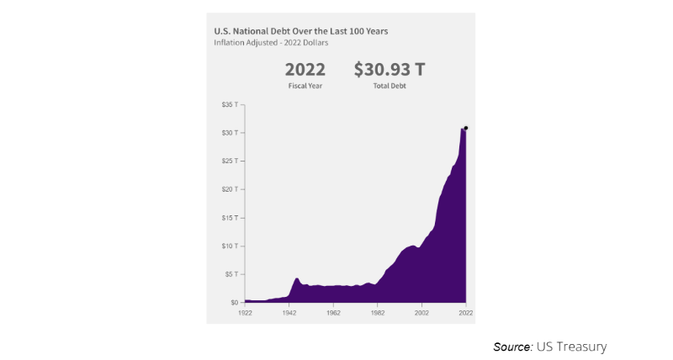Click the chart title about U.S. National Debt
point(300,31)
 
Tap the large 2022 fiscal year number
point(305,69)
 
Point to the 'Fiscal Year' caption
point(305,87)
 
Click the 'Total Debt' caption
point(389,87)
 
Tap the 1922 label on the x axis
point(245,312)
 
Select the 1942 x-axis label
point(289,312)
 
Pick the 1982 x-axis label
point(377,312)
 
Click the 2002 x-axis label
point(421,312)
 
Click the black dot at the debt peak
point(465,128)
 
